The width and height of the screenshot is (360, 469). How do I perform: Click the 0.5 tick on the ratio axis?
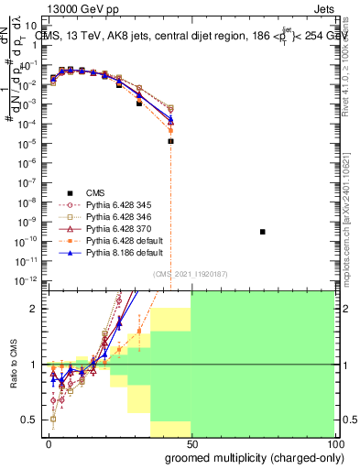tap(31, 420)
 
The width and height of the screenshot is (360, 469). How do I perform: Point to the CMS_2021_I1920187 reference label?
tap(190, 273)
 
